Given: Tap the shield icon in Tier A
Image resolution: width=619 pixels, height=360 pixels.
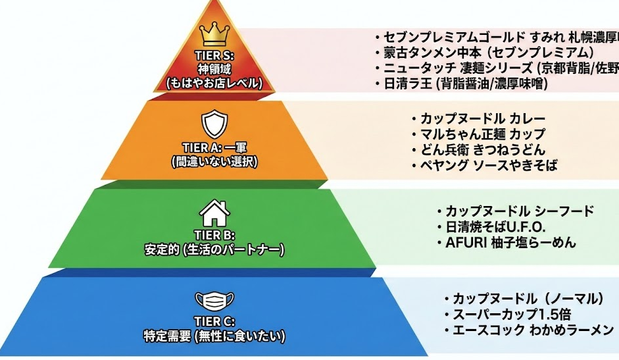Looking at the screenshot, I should (214, 123).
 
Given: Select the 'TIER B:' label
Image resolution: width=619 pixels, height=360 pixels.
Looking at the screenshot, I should (214, 235).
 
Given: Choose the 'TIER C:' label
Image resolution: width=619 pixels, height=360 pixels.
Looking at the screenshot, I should (214, 321).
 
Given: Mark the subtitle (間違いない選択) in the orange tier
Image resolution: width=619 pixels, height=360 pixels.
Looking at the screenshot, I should (214, 161).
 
